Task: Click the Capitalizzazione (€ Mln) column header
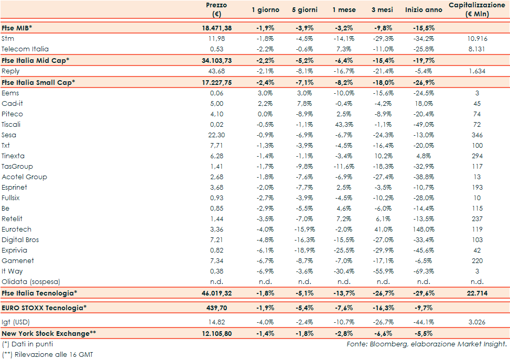pyautogui.click(x=476, y=9)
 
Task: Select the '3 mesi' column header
pyautogui.click(x=382, y=10)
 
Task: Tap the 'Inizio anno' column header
pyautogui.click(x=424, y=10)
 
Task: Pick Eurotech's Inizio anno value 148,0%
pyautogui.click(x=424, y=229)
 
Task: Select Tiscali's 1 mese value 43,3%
pyautogui.click(x=343, y=124)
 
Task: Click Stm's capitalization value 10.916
pyautogui.click(x=476, y=39)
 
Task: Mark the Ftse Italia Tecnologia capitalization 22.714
pyautogui.click(x=476, y=293)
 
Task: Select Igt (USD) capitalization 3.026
pyautogui.click(x=476, y=321)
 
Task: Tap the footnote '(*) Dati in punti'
pyautogui.click(x=27, y=344)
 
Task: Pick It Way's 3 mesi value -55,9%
pyautogui.click(x=382, y=271)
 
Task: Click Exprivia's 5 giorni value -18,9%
pyautogui.click(x=303, y=250)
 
